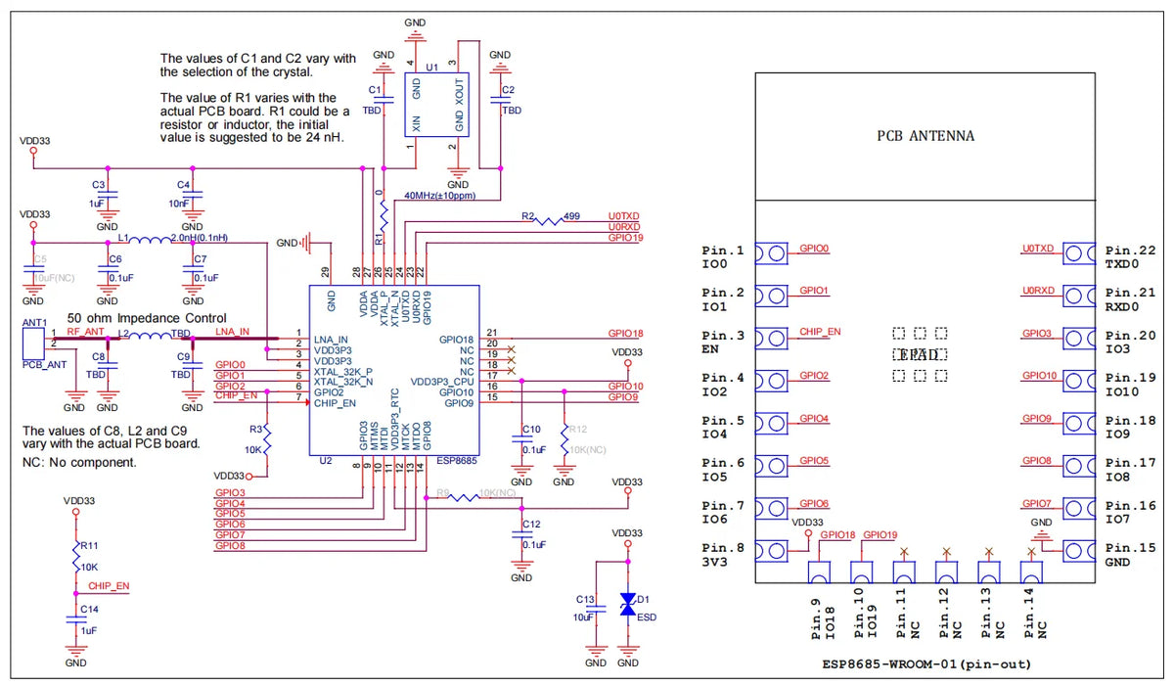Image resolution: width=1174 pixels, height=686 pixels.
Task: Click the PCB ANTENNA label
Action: point(926,135)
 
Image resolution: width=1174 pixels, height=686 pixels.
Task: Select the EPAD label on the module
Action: point(920,354)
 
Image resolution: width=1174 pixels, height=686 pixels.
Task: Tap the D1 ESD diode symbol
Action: point(628,605)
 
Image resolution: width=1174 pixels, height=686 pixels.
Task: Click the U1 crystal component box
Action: point(437,105)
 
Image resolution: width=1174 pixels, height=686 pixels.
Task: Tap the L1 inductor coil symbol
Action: point(149,241)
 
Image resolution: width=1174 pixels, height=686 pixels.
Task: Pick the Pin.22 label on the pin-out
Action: point(1130,251)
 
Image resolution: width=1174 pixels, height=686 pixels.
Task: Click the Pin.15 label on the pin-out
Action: point(1130,548)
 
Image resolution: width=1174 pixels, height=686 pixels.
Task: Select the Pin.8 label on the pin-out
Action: point(723,548)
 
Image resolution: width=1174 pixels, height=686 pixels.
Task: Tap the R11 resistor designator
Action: point(89,545)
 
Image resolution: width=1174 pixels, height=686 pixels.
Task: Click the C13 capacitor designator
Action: point(585,598)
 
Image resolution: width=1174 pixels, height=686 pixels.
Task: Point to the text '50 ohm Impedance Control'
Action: point(147,318)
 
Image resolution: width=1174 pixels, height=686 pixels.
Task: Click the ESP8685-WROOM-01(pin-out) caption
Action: point(926,663)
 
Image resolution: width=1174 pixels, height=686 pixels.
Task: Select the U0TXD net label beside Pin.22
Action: point(1038,249)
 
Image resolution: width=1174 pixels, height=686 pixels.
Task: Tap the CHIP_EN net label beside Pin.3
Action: point(820,332)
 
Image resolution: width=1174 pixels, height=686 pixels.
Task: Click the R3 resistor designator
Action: point(255,429)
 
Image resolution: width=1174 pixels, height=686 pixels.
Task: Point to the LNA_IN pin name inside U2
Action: point(331,339)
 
